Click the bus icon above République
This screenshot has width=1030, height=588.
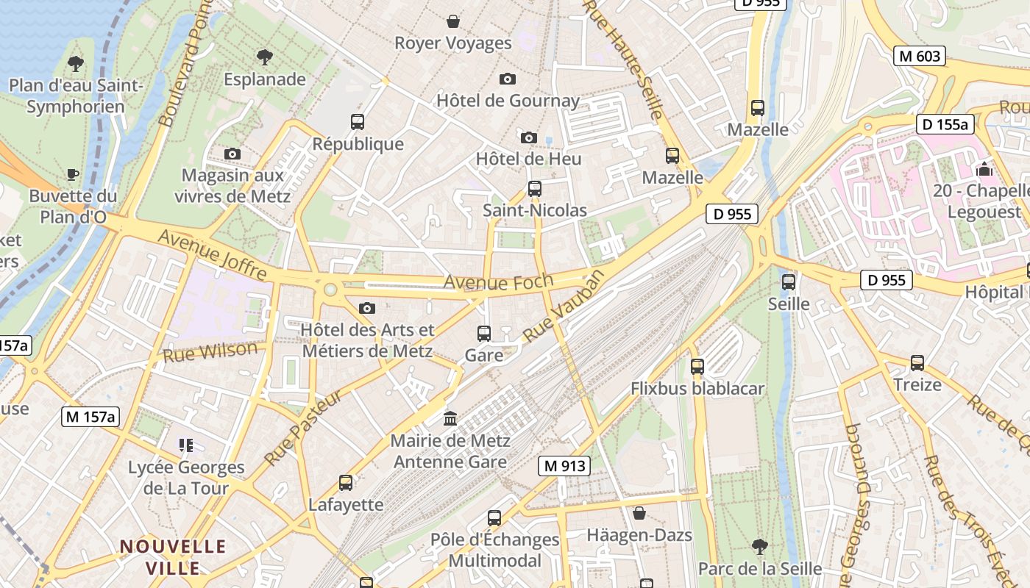pos(358,122)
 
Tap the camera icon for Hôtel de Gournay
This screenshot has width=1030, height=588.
pos(507,79)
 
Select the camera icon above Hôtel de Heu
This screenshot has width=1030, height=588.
pos(528,137)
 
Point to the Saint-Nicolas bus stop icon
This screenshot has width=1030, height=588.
pos(535,189)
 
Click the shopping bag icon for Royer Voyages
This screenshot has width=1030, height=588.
pos(453,21)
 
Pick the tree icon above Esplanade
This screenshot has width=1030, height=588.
pos(264,57)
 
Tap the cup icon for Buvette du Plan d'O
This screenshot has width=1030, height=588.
pos(73,174)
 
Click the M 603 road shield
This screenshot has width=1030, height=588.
pos(920,56)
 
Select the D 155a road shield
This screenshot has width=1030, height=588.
pos(945,124)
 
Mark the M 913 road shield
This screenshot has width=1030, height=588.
pos(564,465)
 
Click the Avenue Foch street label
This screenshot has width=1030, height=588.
pos(488,282)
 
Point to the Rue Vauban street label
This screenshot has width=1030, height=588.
pos(564,306)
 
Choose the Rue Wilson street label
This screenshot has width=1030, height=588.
pos(210,352)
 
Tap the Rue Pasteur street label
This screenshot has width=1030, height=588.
pos(303,429)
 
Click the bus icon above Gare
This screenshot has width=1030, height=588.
pos(484,334)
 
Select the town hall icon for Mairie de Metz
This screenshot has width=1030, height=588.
pos(450,419)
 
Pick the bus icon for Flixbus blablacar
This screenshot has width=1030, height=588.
pos(697,366)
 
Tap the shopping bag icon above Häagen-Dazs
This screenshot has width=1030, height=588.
pos(639,513)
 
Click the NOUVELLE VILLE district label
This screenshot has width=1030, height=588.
pos(173,557)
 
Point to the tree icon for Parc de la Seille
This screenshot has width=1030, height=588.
pos(760,547)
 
